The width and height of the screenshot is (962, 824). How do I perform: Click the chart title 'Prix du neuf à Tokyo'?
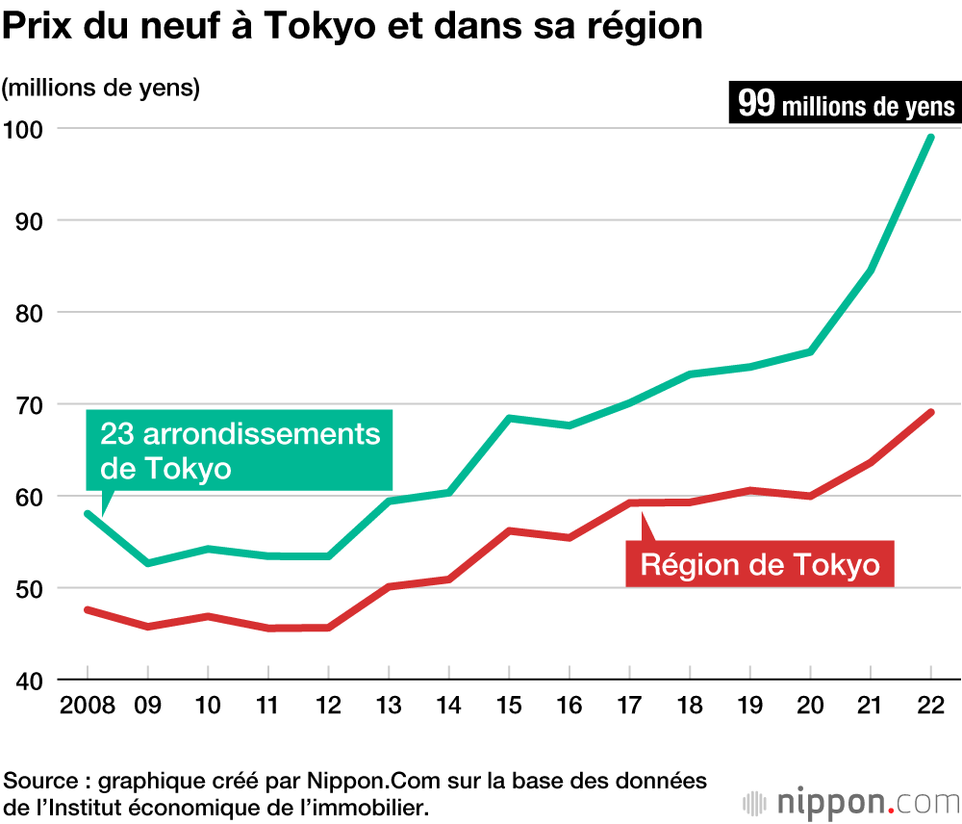tap(351, 27)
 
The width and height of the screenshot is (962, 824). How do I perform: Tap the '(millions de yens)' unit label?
tap(100, 87)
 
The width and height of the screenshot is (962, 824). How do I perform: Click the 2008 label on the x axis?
tap(87, 706)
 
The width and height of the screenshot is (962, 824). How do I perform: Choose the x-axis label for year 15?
tap(509, 706)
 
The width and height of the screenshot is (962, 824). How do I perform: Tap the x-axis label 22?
tap(931, 706)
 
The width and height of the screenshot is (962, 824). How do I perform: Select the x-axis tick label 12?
tap(328, 706)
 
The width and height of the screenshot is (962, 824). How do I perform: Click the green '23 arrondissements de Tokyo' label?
tap(240, 451)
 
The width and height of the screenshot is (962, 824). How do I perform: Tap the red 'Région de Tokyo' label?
tap(760, 563)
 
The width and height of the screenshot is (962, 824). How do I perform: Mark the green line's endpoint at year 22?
tap(930, 137)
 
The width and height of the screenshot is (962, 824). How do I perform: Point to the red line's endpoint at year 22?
tap(930, 412)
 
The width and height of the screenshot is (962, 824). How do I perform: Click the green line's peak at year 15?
tap(509, 418)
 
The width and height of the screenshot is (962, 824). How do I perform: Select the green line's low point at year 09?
tap(147, 563)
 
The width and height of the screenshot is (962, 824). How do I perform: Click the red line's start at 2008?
tap(88, 609)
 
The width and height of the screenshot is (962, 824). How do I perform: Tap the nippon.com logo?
tap(850, 801)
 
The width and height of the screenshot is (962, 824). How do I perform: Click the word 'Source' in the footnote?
tap(37, 780)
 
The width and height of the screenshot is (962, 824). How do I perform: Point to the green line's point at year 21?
tap(871, 270)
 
